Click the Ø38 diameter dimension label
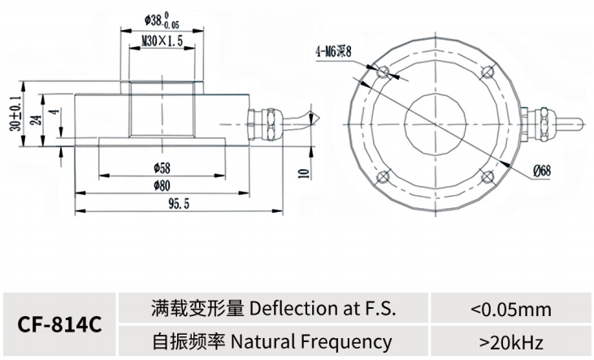162,20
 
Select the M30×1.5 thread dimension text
163,41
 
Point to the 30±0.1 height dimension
15,113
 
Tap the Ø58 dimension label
163,167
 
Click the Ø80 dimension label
163,185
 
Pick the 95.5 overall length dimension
179,204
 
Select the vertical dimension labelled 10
304,174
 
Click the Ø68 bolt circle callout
542,171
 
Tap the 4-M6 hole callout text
334,51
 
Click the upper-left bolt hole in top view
384,72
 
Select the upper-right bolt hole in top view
488,72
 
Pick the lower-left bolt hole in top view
384,176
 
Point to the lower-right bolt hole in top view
488,176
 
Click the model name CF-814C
60,325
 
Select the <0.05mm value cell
510,310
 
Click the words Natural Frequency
311,342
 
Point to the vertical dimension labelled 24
37,120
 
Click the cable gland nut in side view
272,124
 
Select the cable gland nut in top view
544,124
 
